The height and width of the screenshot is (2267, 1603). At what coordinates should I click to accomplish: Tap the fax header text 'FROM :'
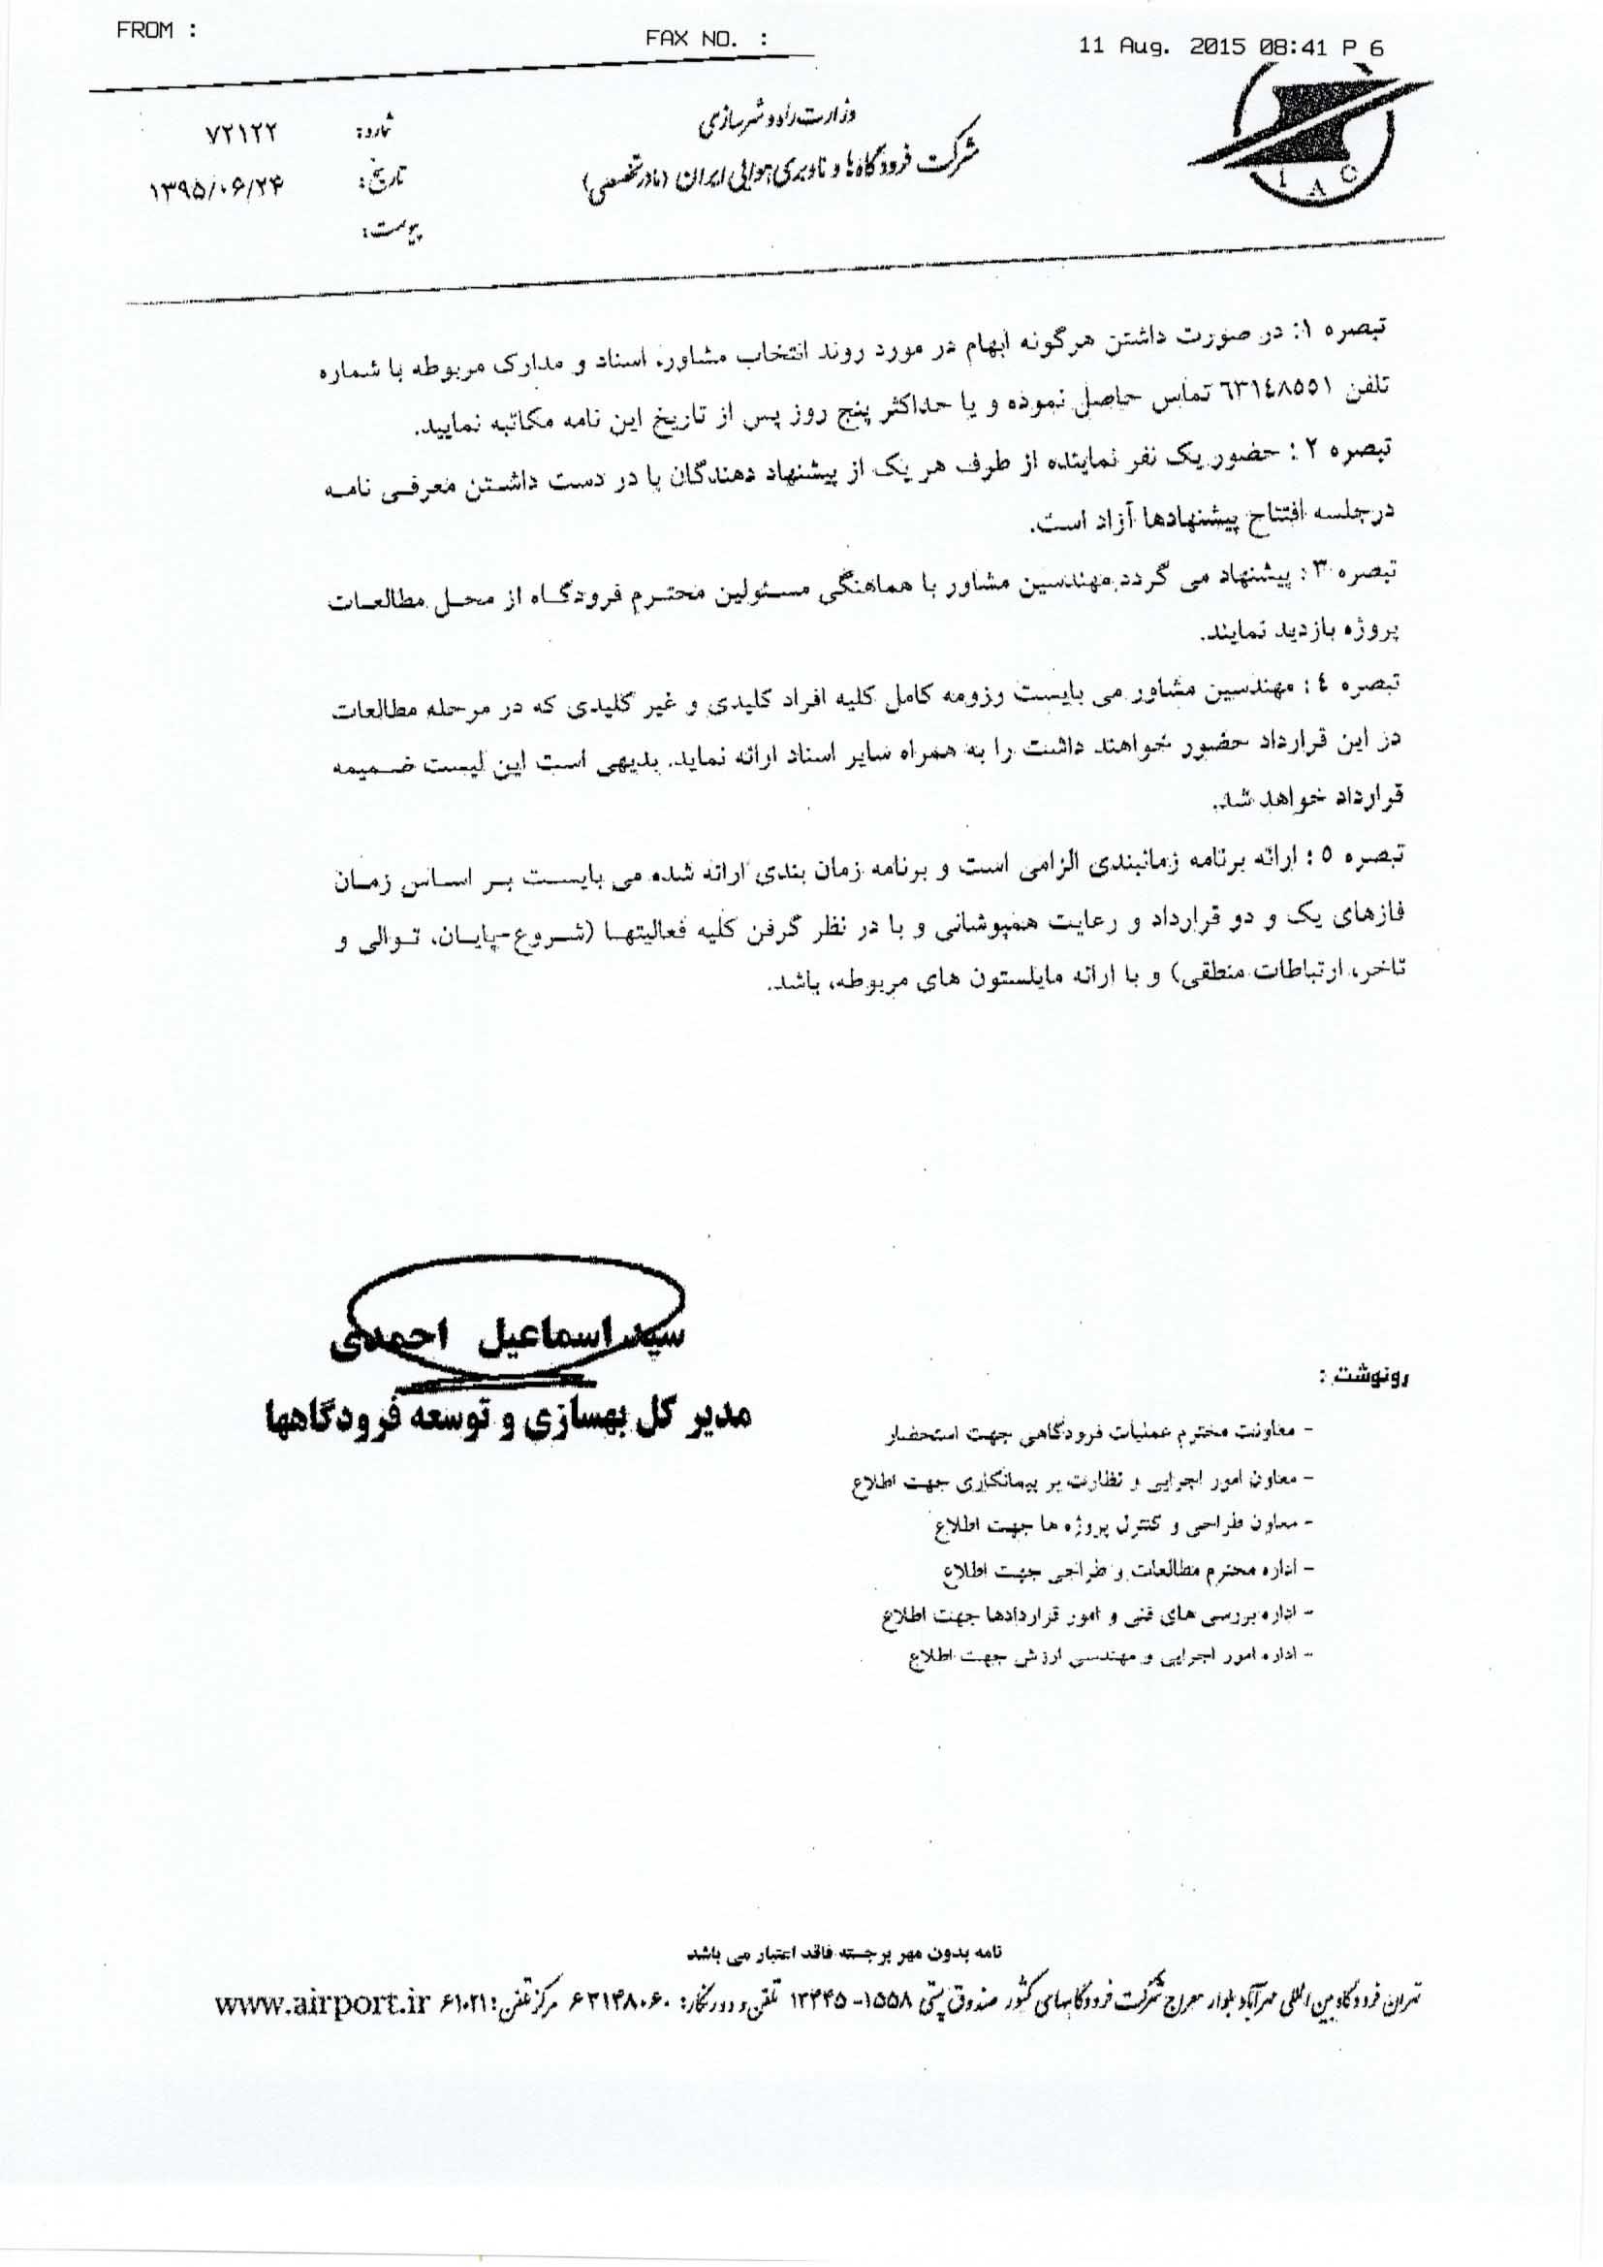coord(157,31)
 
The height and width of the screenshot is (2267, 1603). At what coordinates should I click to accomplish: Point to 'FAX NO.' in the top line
coord(706,40)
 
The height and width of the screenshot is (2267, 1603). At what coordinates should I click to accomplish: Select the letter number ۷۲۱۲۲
coord(234,133)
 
